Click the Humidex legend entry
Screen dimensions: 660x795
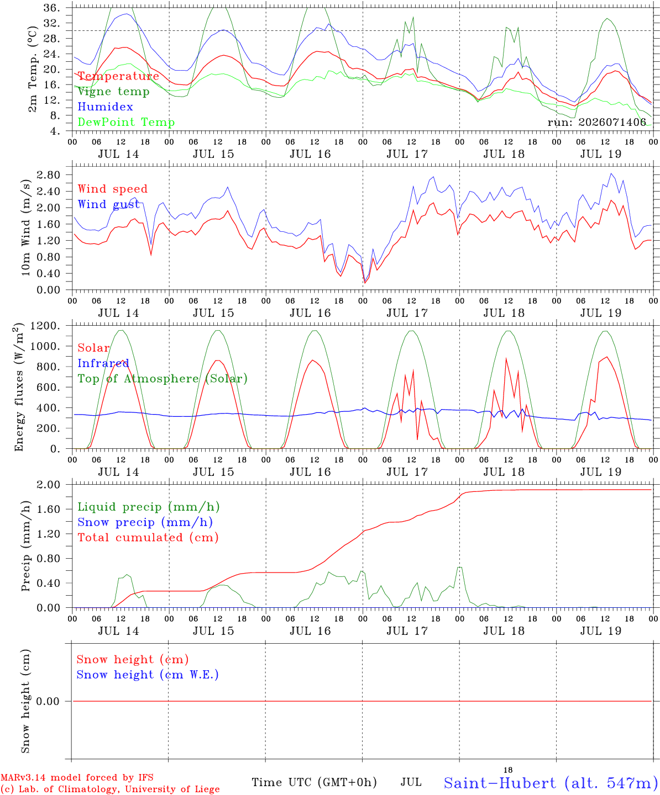(105, 107)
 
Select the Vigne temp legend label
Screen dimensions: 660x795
(114, 92)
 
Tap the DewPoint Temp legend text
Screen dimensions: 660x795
(126, 122)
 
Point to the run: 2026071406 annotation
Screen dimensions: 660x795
(596, 122)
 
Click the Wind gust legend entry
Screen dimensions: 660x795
(109, 204)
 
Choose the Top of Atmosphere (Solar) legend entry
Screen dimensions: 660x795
(163, 379)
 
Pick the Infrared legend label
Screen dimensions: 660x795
(103, 363)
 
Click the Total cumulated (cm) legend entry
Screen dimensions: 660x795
(148, 538)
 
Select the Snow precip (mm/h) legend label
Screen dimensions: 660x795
(145, 522)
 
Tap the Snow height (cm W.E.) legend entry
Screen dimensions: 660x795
(148, 675)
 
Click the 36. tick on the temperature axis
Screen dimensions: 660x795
(51, 8)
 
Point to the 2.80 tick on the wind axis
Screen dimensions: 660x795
(49, 175)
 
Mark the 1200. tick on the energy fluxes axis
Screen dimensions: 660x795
(45, 326)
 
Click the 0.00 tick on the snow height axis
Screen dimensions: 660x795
(48, 701)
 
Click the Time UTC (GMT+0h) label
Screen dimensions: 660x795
(314, 782)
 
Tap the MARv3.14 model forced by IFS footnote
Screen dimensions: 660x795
(77, 777)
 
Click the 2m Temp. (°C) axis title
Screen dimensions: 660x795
(33, 69)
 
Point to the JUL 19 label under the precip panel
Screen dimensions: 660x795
(601, 631)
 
